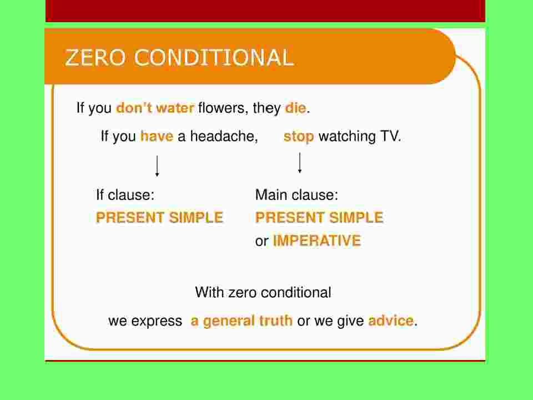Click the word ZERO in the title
95,57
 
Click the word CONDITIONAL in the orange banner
214,57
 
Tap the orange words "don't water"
155,108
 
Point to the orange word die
295,108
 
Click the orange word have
157,137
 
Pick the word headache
224,137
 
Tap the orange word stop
299,137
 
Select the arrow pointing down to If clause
157,166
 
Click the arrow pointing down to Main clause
299,163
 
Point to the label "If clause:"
125,195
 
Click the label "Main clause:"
296,195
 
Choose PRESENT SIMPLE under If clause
159,218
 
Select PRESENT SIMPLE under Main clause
319,218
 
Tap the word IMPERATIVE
317,241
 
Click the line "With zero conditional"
263,293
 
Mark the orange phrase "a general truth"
242,321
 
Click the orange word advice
391,321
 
